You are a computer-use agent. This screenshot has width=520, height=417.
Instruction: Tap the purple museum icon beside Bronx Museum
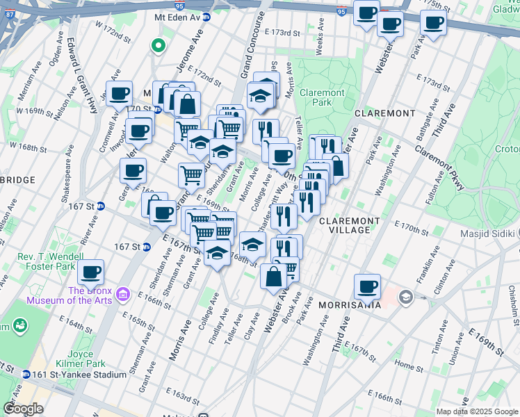pos(124,295)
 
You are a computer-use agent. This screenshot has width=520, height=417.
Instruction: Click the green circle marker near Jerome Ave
pos(159,47)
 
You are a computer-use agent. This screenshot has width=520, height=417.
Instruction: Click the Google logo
pos(23,409)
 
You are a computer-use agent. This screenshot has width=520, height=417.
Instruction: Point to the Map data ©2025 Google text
pos(476,411)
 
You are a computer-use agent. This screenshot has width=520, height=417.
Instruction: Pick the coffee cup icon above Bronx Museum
pos(90,272)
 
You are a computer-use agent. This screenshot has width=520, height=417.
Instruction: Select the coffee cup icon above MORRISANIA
pos(367,286)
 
